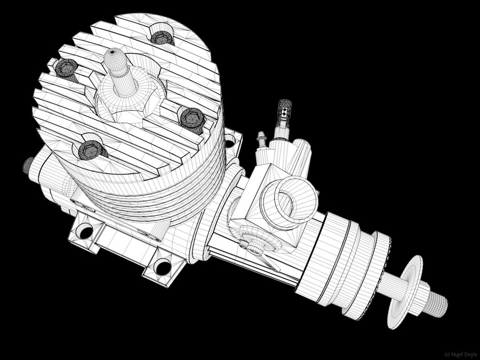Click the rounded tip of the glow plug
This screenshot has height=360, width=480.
point(113,53)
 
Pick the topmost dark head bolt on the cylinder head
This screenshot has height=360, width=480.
point(162,38)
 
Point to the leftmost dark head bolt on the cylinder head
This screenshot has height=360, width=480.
point(67,68)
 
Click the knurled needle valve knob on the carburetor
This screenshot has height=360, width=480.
point(284,113)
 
